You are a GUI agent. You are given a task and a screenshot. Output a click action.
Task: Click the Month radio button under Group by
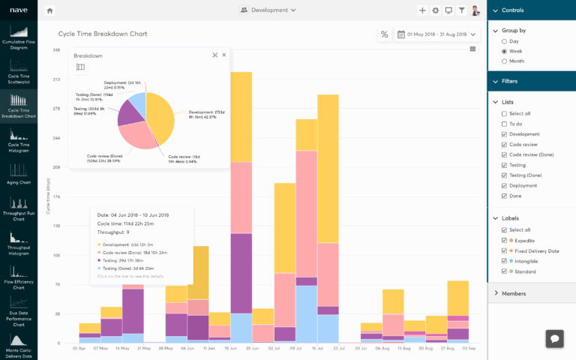[504, 61]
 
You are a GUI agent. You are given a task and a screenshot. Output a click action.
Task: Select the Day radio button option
[504, 41]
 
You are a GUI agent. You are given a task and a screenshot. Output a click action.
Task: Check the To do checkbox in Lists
[504, 124]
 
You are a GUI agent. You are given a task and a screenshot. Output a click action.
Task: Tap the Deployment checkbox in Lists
[504, 185]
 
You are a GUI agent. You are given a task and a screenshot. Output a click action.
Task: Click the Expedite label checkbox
[504, 240]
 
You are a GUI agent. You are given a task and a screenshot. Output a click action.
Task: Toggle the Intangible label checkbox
[504, 261]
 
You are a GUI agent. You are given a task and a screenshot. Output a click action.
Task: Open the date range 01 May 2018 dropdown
[437, 34]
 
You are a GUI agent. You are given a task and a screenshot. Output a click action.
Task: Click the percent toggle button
[384, 34]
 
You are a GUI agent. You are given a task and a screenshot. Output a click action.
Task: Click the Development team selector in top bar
[268, 10]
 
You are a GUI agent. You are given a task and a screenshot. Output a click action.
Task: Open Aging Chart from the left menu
[18, 172]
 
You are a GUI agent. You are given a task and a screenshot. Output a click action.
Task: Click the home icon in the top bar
[49, 10]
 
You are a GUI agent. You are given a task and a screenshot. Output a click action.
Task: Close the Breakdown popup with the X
[224, 55]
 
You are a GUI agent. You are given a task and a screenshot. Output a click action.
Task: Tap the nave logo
[18, 10]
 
